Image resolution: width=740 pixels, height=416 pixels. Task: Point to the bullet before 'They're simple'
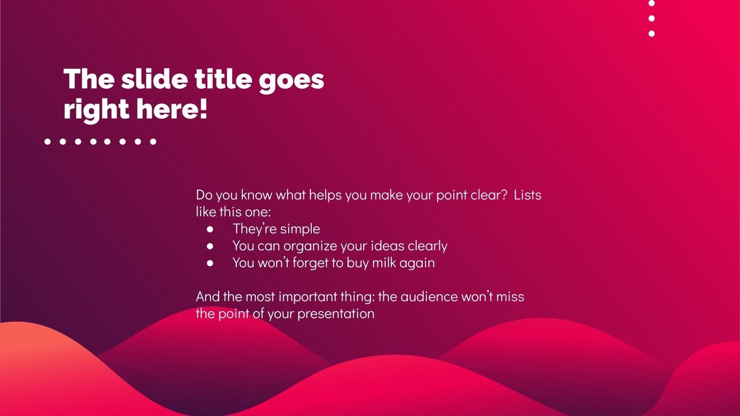click(210, 229)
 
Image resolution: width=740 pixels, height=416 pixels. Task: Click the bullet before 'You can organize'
click(210, 246)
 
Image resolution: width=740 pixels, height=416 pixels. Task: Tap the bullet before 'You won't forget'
click(210, 263)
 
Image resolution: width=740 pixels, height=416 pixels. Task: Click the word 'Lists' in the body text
click(527, 195)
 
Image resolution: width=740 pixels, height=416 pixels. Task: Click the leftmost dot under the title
click(48, 141)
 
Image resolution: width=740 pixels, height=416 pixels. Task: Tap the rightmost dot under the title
click(153, 141)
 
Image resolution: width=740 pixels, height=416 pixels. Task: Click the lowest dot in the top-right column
click(652, 33)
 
